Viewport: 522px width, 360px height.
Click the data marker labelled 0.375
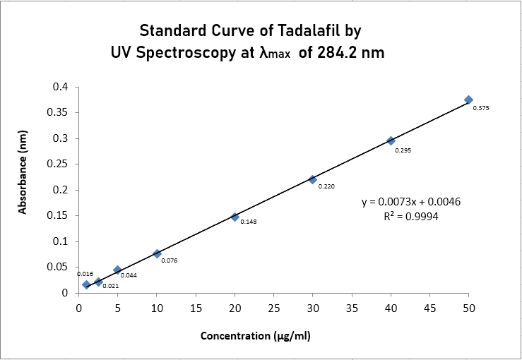point(468,100)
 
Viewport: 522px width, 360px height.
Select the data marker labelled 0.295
point(391,140)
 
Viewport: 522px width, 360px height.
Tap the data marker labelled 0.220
point(312,179)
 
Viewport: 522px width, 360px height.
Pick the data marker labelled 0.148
point(235,217)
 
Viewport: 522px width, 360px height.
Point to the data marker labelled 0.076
point(157,253)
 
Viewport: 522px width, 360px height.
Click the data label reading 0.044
point(129,275)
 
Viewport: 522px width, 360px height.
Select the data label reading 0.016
point(85,274)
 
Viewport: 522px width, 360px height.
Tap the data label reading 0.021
point(110,286)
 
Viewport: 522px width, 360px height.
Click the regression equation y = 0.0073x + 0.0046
point(411,202)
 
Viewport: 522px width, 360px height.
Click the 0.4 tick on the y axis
point(61,87)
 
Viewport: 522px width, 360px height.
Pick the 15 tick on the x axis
point(196,308)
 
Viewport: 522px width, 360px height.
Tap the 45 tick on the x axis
point(429,308)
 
